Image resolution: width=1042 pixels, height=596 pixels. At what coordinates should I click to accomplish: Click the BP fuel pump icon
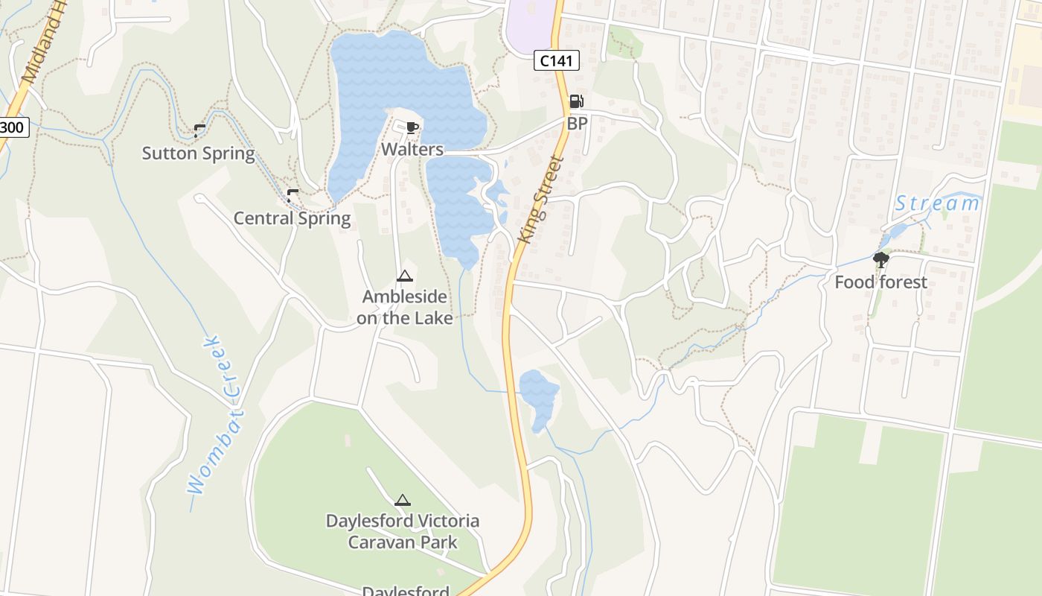coord(576,101)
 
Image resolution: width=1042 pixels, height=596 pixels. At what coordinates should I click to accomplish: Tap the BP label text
coord(577,124)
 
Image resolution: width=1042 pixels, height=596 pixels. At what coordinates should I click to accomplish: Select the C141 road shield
coord(556,61)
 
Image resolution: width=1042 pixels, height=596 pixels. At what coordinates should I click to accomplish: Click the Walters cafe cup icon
coord(412,128)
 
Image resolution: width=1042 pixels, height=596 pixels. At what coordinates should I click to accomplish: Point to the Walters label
coord(412,150)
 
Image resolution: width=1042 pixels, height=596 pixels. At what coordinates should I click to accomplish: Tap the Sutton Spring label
coord(199,153)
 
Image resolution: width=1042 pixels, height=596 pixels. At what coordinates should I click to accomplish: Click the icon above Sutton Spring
coord(199,131)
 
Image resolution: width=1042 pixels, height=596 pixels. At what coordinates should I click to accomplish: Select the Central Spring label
coord(292,218)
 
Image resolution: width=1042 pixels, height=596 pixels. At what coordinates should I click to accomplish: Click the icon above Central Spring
coord(293,195)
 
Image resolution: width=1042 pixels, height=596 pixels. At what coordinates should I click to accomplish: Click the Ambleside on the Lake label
coord(405,307)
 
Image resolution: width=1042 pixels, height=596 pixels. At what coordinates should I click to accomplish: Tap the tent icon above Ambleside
coord(405,276)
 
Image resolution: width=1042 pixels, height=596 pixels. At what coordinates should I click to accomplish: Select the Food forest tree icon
coord(881,260)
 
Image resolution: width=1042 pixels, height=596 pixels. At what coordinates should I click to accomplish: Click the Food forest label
coord(880,282)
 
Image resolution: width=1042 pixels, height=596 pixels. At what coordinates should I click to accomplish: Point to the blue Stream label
coord(937,203)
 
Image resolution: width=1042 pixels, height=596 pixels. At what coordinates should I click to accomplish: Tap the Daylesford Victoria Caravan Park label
coord(403,531)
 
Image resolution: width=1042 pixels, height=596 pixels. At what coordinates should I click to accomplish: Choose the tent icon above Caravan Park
coord(403,500)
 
